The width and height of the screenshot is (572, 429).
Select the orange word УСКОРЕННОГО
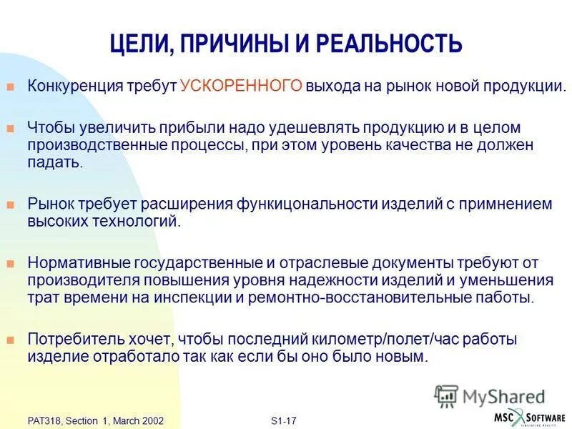click(242, 87)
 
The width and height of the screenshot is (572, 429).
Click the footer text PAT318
click(42, 421)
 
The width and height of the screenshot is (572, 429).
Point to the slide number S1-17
click(284, 421)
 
